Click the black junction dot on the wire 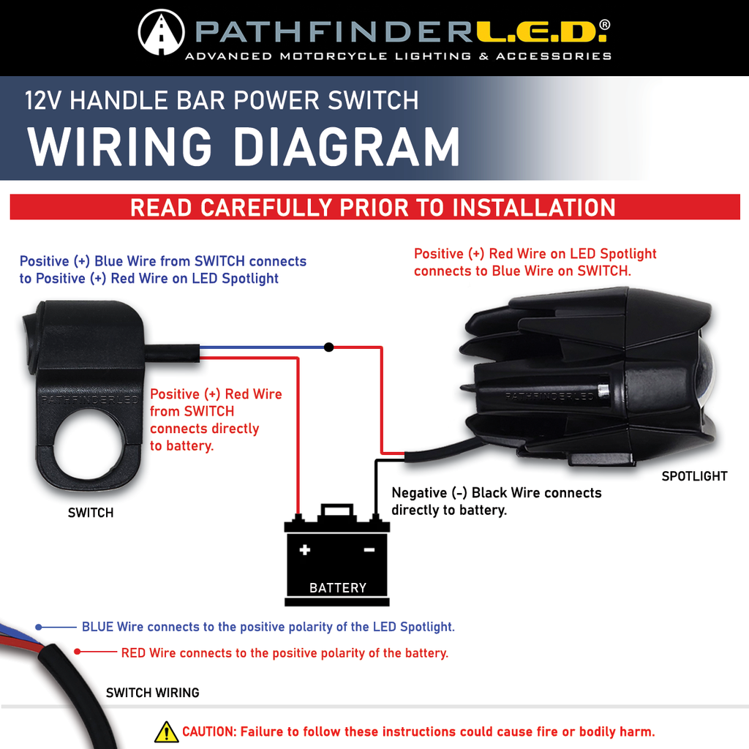328,347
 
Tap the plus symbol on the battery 305,549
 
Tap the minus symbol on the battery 369,549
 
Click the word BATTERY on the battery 337,587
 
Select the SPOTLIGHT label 694,476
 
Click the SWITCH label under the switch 91,513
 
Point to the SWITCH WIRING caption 152,692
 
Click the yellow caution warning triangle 166,731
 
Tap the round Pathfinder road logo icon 161,32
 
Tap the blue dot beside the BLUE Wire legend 39,627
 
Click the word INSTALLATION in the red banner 534,208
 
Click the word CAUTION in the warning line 208,731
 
